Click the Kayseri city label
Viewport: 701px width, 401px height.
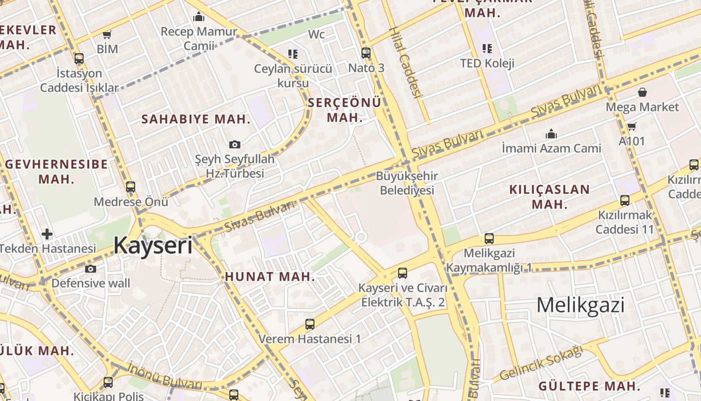pos(153,246)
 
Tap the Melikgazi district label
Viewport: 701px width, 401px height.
pos(580,305)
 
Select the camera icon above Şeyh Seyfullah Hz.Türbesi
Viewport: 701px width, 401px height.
pos(234,145)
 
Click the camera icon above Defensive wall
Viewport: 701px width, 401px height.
pos(91,269)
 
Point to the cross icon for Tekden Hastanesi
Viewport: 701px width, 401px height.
pos(47,234)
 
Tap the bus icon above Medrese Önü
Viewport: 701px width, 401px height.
pos(131,187)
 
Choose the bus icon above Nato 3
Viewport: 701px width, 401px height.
pos(366,53)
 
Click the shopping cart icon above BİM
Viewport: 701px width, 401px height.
pos(107,35)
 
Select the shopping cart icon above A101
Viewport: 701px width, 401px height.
pos(632,126)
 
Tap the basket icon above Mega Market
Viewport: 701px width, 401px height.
pos(642,92)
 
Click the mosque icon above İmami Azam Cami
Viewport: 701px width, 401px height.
pos(551,134)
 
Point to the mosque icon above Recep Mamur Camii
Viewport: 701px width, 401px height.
pos(199,17)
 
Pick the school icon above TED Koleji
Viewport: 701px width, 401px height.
pos(487,49)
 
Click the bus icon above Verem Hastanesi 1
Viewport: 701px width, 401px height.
pos(310,324)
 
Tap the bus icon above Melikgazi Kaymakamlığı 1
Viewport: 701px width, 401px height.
pos(489,239)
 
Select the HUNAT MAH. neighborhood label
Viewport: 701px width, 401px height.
pos(270,277)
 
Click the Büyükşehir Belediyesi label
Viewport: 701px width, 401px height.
pos(407,183)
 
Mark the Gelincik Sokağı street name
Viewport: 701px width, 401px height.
pos(542,364)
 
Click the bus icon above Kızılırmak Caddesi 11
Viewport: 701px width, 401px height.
pos(625,200)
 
